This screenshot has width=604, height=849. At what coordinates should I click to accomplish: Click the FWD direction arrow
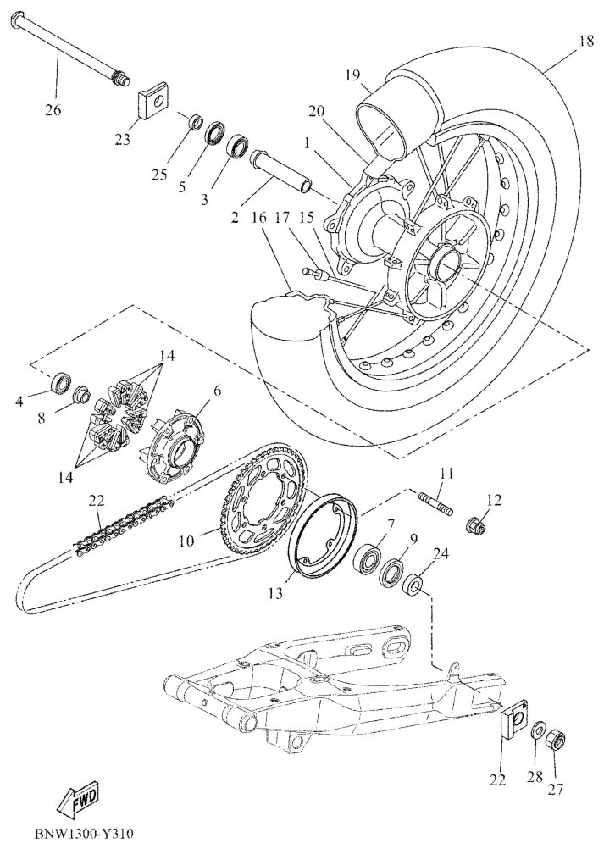(80, 797)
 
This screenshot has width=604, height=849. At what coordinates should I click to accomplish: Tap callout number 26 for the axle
(53, 110)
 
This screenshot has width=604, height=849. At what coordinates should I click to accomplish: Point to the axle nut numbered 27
(556, 740)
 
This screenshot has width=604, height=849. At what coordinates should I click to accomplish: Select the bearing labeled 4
(60, 383)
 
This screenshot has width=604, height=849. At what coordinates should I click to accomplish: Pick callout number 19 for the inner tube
(353, 75)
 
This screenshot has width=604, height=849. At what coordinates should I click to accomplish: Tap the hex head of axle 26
(18, 20)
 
